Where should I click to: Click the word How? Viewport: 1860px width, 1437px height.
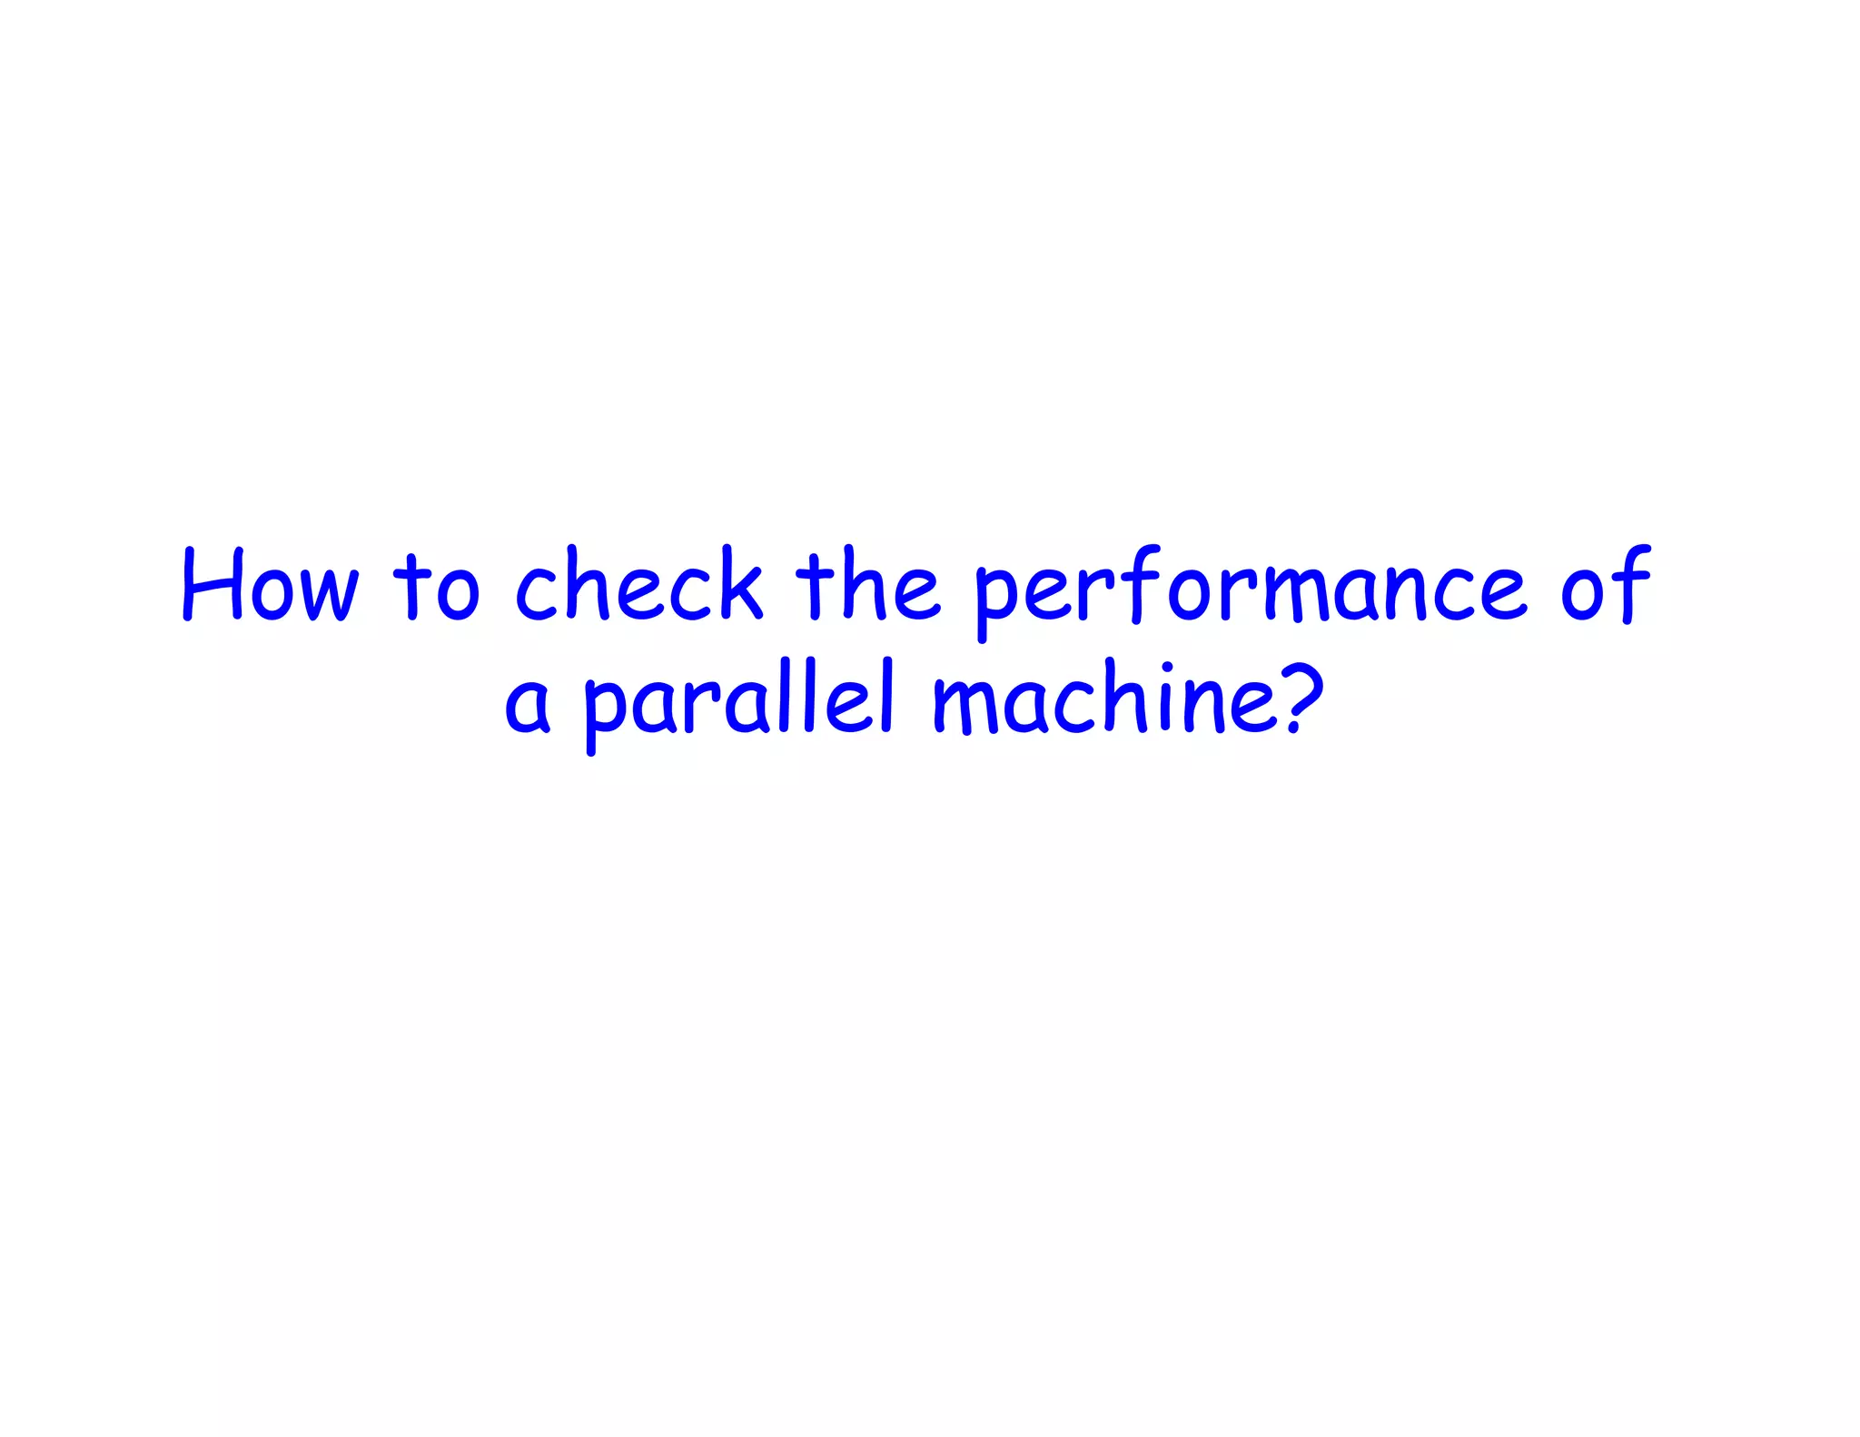271,586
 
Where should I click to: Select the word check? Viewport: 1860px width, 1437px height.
638,586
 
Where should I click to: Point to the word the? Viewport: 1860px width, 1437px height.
867,586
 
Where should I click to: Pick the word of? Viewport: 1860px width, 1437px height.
1605,586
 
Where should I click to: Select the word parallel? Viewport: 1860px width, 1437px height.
740,704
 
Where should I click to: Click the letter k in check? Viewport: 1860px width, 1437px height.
734,586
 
